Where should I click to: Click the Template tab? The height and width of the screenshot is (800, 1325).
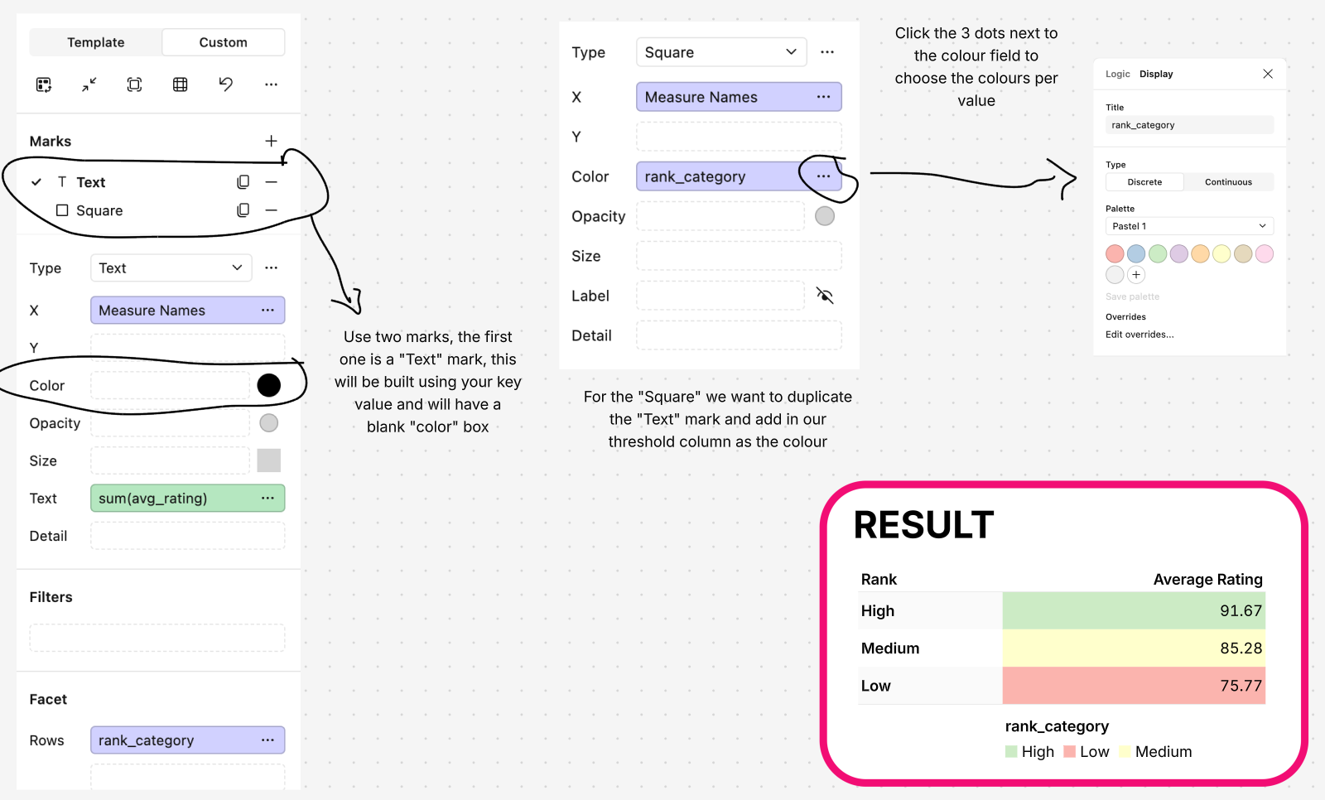(x=95, y=42)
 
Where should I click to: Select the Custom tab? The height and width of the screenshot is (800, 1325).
(x=223, y=42)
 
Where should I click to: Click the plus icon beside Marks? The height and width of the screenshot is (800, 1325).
(x=271, y=141)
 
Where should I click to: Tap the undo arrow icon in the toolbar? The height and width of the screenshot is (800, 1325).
(x=225, y=84)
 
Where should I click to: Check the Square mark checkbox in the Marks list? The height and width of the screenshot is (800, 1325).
(x=62, y=210)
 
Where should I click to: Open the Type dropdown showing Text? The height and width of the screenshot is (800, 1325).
(x=171, y=267)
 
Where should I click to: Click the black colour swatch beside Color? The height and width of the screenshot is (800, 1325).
(x=268, y=385)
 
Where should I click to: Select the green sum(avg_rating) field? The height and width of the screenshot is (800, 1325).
(x=187, y=498)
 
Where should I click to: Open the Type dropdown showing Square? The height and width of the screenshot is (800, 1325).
(x=720, y=52)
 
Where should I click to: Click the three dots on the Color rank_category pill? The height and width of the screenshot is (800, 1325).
(x=823, y=176)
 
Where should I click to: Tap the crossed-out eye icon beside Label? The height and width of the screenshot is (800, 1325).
(x=825, y=296)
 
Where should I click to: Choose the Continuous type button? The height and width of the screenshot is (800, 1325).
(x=1228, y=182)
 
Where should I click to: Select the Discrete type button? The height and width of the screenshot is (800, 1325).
(x=1144, y=182)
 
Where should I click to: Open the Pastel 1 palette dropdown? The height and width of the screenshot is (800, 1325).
(x=1189, y=226)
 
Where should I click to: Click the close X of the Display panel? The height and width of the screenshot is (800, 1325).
(x=1268, y=74)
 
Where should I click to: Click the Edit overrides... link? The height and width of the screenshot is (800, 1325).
(x=1139, y=335)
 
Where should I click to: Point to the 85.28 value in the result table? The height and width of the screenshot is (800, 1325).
(x=1241, y=648)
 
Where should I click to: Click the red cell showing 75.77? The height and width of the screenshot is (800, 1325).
(x=1134, y=686)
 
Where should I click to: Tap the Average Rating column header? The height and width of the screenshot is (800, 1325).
(x=1207, y=579)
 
